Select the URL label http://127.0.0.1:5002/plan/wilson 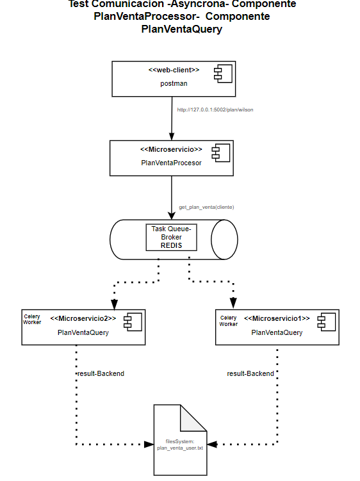[x=215, y=110]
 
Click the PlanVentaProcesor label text [x=171, y=163]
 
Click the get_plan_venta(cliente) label [x=206, y=208]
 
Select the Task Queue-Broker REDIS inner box [x=170, y=237]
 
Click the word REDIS [x=170, y=245]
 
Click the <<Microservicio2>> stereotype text [x=83, y=318]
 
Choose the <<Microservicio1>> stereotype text [x=277, y=318]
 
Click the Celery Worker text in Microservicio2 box [x=32, y=320]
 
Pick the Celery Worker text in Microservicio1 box [x=229, y=321]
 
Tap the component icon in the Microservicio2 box [x=130, y=322]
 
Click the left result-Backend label [x=100, y=373]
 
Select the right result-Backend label [x=250, y=373]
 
